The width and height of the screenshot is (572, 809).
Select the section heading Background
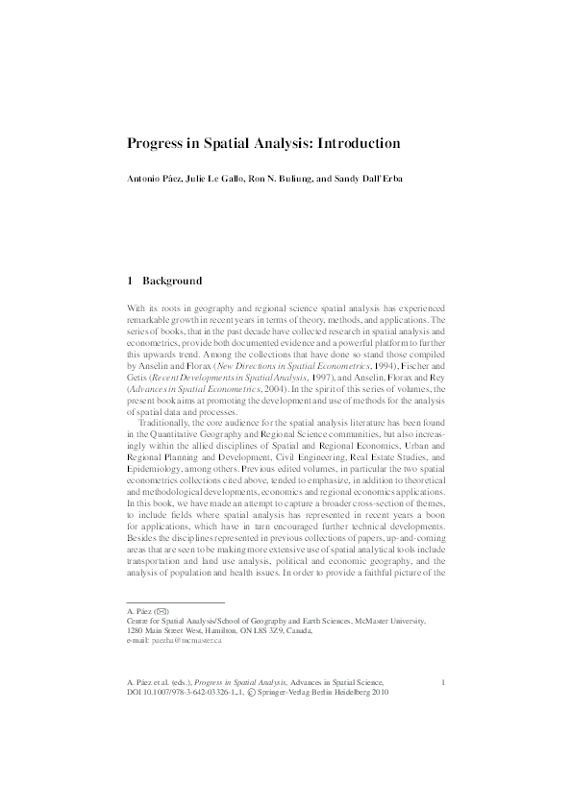(x=172, y=282)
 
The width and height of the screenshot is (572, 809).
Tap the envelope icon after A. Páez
(x=162, y=610)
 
